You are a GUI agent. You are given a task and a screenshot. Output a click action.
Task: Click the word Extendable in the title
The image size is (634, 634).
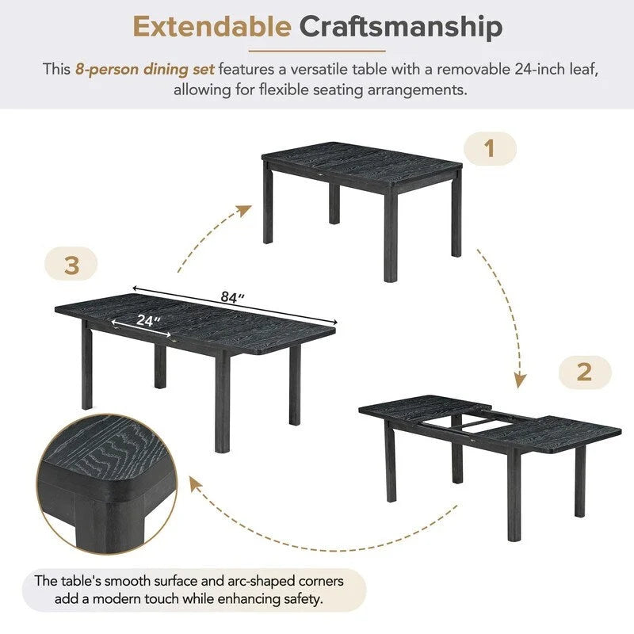pos(212,27)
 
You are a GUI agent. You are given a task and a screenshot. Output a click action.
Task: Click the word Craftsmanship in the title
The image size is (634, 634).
pos(401,27)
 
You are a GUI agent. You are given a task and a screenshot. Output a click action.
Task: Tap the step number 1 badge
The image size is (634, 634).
pos(489,148)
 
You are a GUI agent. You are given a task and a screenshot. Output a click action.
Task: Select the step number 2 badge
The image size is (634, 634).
pos(584,372)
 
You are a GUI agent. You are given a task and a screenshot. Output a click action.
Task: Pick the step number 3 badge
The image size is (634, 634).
pos(71,265)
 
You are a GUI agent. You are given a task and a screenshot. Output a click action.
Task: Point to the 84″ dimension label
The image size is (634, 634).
pos(231,298)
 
